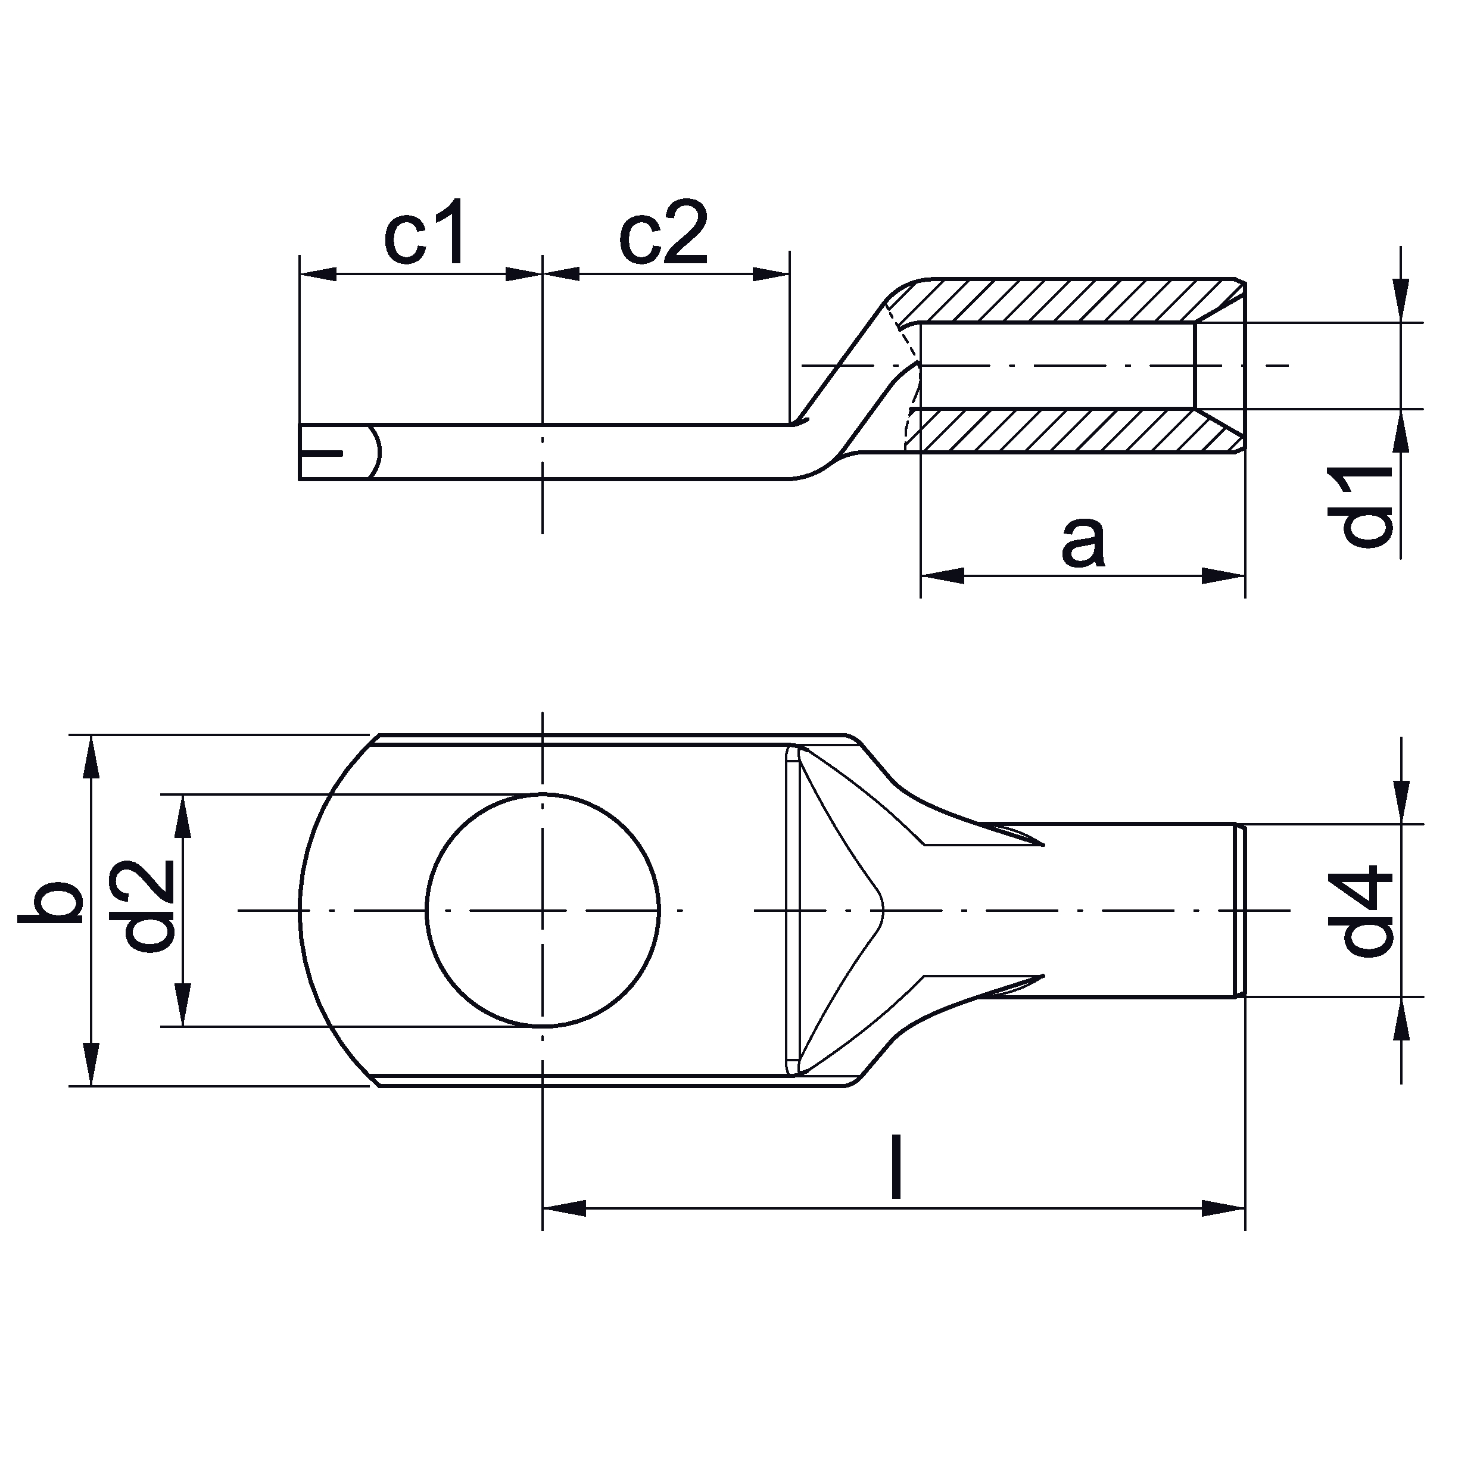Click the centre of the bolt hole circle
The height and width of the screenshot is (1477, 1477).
coord(543,911)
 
